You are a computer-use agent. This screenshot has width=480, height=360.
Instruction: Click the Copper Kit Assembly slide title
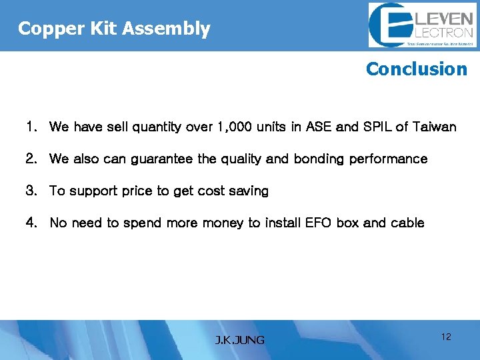coord(114,29)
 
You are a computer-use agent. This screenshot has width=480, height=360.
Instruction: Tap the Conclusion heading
coord(417,69)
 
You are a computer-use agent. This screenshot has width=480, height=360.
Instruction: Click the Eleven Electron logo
coord(421,25)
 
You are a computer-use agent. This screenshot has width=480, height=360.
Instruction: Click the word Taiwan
coord(434,127)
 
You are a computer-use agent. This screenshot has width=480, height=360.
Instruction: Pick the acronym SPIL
coord(377,127)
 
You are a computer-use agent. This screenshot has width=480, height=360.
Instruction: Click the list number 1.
coord(31,127)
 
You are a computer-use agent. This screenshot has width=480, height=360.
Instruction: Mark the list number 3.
coord(31,191)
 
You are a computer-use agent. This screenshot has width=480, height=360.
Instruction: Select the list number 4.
coord(31,223)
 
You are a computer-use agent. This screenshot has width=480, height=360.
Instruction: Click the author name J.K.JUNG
coord(239,340)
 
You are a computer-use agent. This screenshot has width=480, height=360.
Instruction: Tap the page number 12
coord(446,337)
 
